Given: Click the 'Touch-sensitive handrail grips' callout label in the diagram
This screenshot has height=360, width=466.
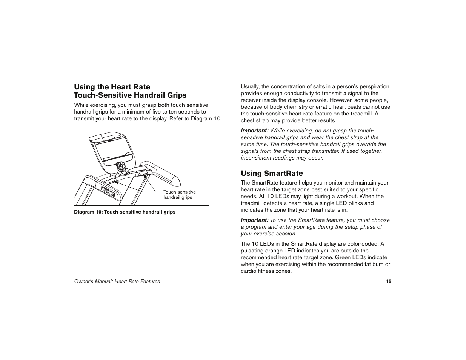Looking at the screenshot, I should [x=179, y=195].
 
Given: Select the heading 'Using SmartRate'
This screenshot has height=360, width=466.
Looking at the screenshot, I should [x=272, y=173].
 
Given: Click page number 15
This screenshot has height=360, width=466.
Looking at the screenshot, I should [x=388, y=281].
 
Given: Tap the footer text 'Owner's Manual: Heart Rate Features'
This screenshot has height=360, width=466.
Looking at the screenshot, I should [x=117, y=281].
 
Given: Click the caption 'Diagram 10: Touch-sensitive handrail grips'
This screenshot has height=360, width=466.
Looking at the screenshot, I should [x=125, y=212].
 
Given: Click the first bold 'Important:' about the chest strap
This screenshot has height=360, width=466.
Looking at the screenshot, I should [x=255, y=131].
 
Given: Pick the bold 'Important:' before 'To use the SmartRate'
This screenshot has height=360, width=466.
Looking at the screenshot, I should [x=255, y=220].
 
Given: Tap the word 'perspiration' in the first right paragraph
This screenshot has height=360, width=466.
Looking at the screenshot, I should [x=374, y=86].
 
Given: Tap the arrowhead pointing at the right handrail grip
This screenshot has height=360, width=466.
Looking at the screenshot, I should [x=145, y=176].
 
